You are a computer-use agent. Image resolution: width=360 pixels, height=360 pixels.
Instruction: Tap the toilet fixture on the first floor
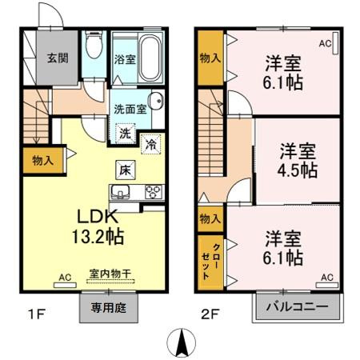click(x=94, y=47)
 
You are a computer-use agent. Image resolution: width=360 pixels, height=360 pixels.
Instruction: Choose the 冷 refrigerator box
click(x=150, y=144)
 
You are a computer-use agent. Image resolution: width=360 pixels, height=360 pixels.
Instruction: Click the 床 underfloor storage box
click(x=125, y=170)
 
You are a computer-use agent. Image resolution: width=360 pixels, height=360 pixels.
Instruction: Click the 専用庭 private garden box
click(x=108, y=306)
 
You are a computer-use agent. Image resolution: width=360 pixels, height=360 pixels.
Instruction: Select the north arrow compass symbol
click(x=182, y=342)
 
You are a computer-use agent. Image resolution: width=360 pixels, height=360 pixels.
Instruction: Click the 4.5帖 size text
click(x=298, y=170)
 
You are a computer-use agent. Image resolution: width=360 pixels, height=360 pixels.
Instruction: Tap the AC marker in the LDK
click(x=65, y=278)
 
